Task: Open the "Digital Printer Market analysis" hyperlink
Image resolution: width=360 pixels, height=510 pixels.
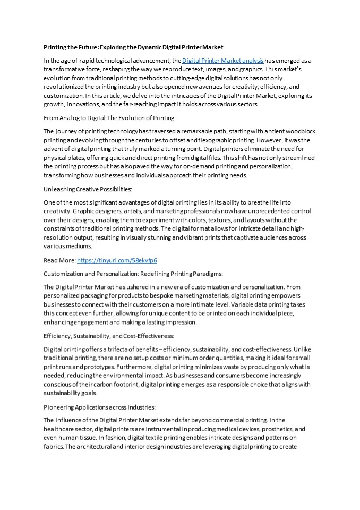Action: coord(223,61)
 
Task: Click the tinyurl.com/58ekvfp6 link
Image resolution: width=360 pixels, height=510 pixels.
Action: coord(117,260)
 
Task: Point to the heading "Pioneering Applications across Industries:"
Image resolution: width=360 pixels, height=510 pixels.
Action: coord(99,406)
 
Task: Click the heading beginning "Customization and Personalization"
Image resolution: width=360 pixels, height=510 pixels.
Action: coord(133,274)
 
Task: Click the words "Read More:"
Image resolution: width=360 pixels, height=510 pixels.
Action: coord(59,260)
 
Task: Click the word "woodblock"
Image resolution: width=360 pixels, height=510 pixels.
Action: coord(299,131)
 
